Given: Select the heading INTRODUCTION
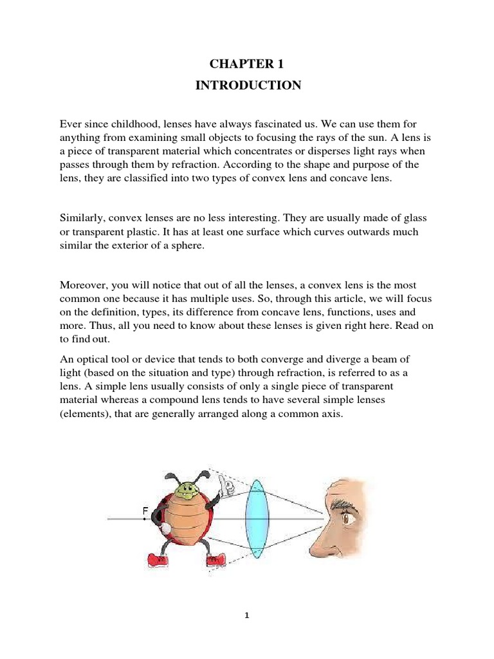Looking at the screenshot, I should pyautogui.click(x=248, y=86).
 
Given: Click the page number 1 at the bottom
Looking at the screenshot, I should pyautogui.click(x=247, y=615).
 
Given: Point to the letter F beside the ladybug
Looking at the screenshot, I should pyautogui.click(x=145, y=512).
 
